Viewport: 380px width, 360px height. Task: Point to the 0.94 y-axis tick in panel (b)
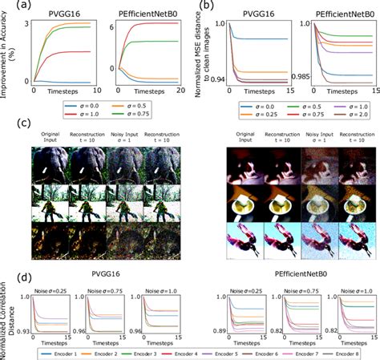click(x=215, y=83)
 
